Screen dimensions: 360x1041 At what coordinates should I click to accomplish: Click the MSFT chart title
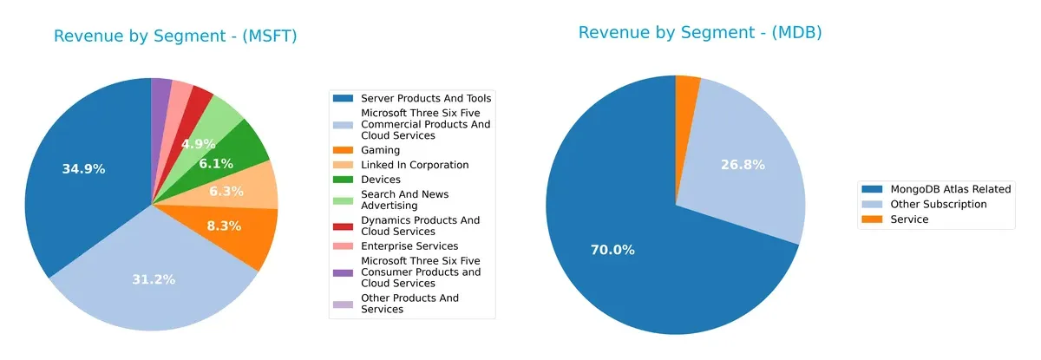175,36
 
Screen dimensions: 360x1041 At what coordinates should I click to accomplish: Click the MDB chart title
699,33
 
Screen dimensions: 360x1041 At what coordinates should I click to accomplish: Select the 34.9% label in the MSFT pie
83,169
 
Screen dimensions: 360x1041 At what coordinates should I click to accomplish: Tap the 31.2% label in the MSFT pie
154,279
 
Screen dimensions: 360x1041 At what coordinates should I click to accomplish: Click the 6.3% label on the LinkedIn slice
226,191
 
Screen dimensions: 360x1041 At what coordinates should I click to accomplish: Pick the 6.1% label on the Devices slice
215,163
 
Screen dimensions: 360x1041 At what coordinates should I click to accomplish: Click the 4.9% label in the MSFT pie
198,144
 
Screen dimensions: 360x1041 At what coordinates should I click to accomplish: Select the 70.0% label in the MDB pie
612,250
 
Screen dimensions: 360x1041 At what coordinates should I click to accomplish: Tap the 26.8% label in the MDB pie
743,164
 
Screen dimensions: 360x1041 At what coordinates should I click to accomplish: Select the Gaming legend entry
380,150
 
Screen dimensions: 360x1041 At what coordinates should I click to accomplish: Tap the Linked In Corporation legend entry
415,165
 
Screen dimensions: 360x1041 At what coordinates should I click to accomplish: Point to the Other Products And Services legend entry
409,304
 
